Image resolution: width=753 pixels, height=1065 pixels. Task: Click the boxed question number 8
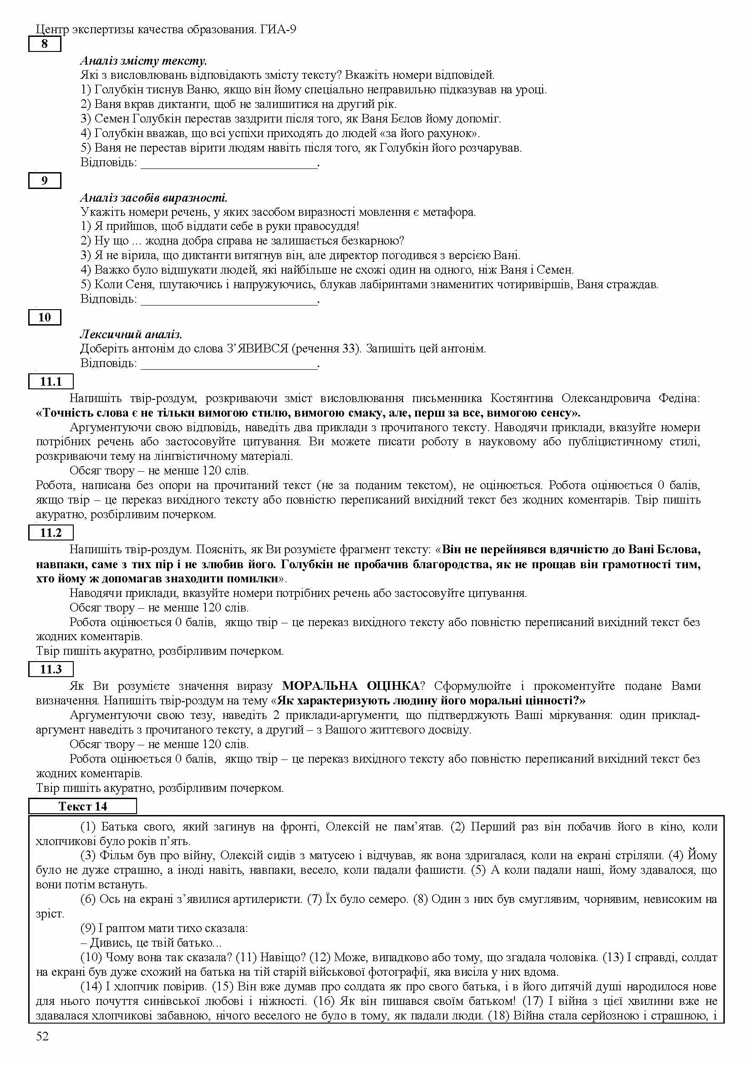45,45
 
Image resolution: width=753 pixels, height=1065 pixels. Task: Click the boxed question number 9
45,180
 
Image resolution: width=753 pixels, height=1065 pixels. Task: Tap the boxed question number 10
45,317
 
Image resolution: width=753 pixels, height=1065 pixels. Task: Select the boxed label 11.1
51,381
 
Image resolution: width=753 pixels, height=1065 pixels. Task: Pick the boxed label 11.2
51,533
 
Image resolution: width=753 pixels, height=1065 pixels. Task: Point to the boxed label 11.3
51,669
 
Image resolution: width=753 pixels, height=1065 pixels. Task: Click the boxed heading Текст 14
82,806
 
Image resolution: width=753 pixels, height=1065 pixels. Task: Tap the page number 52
42,1036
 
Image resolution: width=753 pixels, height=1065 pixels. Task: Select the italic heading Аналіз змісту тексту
144,61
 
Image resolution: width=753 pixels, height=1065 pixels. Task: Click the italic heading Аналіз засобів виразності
154,198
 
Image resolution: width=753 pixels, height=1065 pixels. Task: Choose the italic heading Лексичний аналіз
131,335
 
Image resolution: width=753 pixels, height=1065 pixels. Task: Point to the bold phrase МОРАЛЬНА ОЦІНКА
351,686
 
